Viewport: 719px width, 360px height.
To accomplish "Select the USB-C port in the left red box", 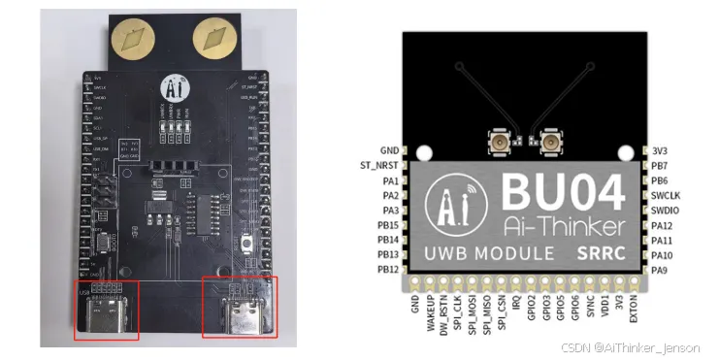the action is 108,311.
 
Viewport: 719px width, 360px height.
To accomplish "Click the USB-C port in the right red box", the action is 239,309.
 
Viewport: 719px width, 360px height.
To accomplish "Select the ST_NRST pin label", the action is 378,166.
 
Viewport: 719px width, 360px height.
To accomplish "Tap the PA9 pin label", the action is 662,269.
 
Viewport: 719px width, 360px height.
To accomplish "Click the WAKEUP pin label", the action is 433,315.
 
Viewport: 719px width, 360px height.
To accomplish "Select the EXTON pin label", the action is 633,311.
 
